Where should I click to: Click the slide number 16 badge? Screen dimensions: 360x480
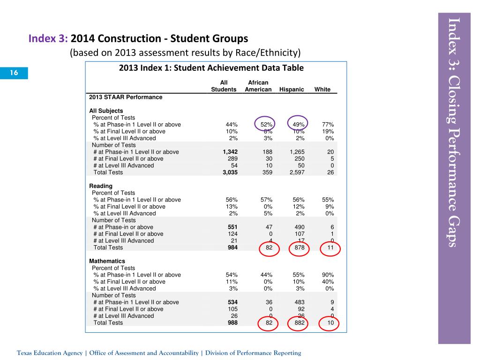14,73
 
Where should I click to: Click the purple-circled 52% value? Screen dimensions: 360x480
267,125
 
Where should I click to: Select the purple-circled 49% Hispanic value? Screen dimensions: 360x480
298,125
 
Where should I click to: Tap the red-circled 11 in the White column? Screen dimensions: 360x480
330,247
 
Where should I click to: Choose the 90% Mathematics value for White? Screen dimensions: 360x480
328,275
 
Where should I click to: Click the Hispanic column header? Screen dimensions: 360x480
292,90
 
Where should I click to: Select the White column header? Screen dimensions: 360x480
322,90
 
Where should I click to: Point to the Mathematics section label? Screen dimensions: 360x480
107,261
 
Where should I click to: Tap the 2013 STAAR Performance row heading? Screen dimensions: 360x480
126,97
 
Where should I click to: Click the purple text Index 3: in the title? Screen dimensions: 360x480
49,37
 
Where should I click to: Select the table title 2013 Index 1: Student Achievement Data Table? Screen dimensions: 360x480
211,68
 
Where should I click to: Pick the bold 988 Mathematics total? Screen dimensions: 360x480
232,322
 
